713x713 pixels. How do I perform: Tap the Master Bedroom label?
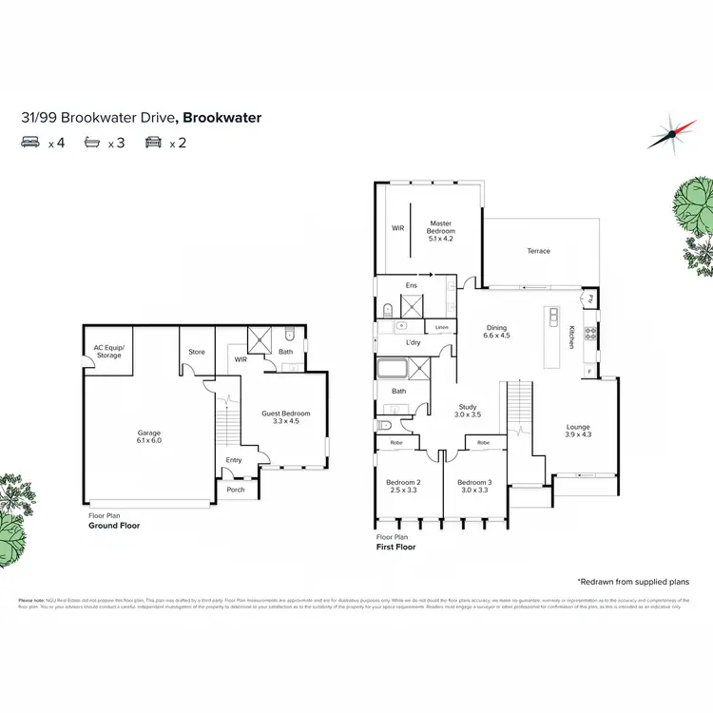point(441,230)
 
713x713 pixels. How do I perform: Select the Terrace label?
point(539,251)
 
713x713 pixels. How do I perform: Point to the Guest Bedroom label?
point(286,417)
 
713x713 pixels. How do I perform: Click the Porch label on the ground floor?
point(235,490)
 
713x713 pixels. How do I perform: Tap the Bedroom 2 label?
point(403,486)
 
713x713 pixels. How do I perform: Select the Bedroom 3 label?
point(475,486)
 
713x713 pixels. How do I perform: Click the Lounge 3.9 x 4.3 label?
point(579,431)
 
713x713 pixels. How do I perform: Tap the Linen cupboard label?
point(441,328)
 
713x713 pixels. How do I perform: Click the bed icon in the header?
point(29,144)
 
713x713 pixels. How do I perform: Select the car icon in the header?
point(152,144)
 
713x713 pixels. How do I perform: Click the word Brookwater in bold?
point(222,118)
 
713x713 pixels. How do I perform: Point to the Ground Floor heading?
point(114,525)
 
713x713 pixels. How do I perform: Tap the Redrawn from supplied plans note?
point(632,581)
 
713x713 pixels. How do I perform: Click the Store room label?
point(197,352)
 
